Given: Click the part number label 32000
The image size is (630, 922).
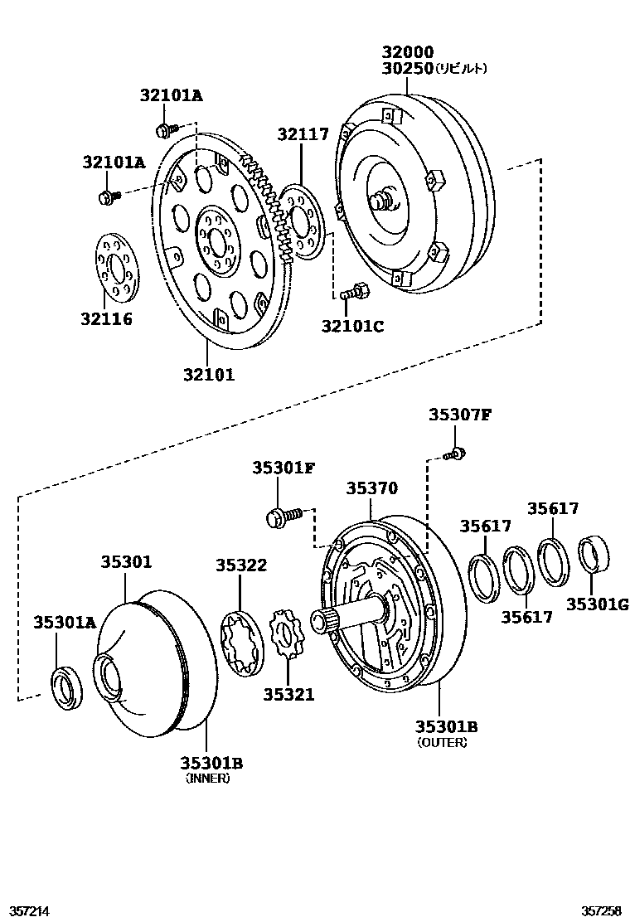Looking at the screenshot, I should coord(407,51).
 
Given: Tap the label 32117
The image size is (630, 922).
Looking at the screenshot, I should coord(303,134).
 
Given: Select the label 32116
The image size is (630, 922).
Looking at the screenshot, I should coord(106,318).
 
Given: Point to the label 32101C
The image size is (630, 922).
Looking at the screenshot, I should coord(352,327).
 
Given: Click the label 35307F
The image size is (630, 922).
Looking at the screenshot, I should coord(460,415).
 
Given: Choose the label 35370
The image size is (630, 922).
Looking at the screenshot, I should coord(372,489).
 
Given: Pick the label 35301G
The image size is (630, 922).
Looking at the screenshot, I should coord(598,604).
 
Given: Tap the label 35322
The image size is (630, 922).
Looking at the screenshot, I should coord(241,565).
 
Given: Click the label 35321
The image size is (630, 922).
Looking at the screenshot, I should coord(289,694).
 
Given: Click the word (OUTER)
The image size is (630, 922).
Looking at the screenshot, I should coord(443,743).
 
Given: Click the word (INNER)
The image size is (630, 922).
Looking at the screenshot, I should coord(207,779).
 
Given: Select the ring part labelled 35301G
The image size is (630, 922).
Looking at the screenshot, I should coord(591,554).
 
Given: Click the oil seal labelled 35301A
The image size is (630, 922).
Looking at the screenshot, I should coord(68,687).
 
